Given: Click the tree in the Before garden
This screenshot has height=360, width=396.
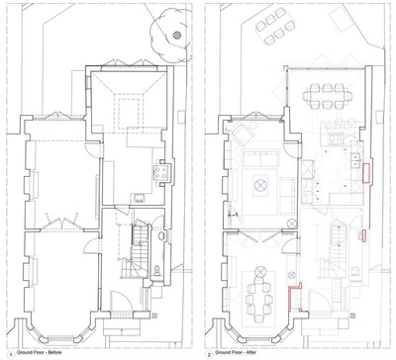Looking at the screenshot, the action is pos(170,37).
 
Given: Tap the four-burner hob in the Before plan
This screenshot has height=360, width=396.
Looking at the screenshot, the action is pos(161,172).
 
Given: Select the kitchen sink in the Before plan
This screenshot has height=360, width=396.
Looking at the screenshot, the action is pos(140,198).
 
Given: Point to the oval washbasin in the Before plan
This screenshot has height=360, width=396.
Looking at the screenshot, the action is pos(161,235).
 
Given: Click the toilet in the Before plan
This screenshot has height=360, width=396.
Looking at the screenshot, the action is pos(157,271).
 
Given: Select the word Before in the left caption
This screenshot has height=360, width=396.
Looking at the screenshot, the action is pos(54,353).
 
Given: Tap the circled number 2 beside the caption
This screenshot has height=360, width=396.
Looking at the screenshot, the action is pos(209,355).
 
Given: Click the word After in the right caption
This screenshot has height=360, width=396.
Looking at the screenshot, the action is pos(251,353).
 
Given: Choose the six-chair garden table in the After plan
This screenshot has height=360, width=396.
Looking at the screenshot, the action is pos(274,27).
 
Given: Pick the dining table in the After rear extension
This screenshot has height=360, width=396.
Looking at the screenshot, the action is pos(328,96).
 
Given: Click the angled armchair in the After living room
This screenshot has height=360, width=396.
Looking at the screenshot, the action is pos(243,133).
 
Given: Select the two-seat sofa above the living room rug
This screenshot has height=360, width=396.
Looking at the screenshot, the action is pos(261,159).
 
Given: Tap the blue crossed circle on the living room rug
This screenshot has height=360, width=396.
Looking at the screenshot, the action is pos(260,185).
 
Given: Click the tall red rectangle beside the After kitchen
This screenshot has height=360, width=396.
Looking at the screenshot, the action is pos(366,172).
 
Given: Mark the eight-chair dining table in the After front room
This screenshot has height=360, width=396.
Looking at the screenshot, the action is pos(259,298).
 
